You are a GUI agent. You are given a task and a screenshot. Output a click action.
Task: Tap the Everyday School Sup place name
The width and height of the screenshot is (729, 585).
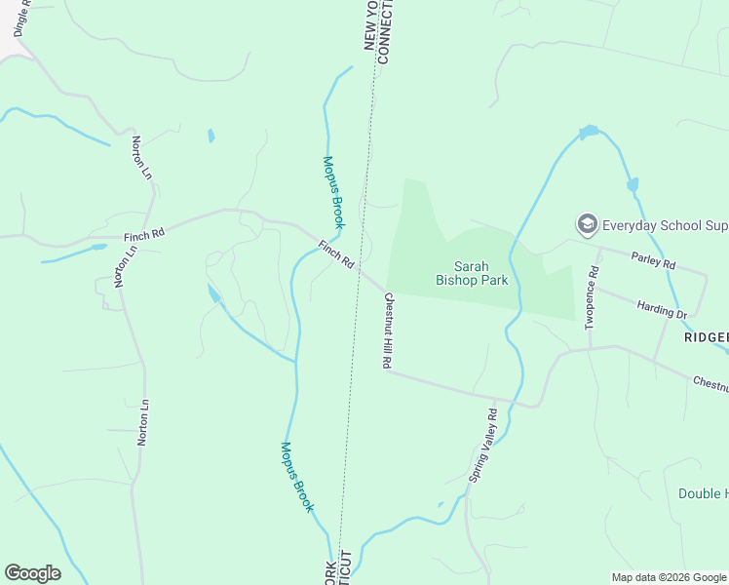click(665, 226)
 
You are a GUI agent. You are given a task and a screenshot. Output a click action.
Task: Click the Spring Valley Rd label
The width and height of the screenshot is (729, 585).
click(482, 446)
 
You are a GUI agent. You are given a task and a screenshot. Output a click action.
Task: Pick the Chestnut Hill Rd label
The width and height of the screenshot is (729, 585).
click(387, 329)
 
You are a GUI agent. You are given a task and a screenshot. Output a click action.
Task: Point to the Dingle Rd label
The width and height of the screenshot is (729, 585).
click(20, 18)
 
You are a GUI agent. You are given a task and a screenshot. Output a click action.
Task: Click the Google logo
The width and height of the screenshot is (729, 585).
click(32, 573)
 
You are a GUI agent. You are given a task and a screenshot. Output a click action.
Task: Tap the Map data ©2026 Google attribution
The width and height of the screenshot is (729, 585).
click(670, 577)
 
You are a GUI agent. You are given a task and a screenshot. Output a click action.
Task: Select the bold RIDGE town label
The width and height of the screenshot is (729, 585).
click(706, 336)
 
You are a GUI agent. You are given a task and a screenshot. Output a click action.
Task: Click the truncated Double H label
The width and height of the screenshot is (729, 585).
click(703, 493)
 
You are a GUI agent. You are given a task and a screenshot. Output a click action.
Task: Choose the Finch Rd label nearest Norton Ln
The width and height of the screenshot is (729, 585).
click(144, 235)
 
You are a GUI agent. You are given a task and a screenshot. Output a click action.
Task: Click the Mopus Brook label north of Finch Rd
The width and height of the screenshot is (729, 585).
click(333, 192)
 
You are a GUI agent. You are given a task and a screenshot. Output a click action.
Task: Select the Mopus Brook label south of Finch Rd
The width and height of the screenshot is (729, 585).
click(297, 477)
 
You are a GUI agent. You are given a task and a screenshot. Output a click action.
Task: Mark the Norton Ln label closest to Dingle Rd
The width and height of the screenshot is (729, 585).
click(142, 158)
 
